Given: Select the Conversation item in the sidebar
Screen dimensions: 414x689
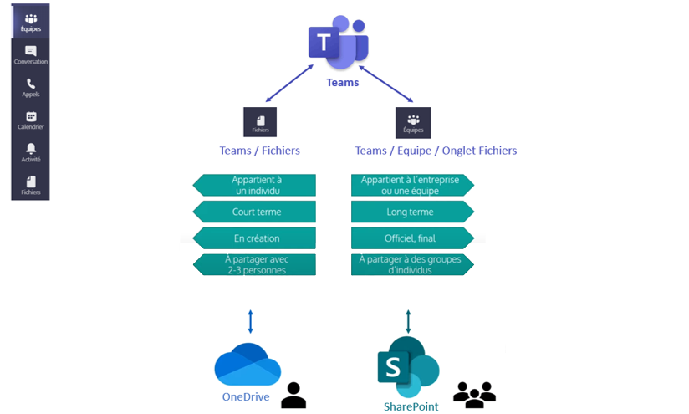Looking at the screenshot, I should click(31, 55).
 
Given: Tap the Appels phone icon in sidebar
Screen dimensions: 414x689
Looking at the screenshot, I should click(31, 88).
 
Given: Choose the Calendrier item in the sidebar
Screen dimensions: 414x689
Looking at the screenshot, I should click(31, 120).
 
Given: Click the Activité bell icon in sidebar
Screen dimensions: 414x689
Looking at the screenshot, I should click(31, 153).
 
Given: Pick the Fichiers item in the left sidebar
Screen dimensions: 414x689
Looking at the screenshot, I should click(31, 185).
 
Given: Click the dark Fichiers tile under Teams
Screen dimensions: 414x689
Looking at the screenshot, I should click(259, 122).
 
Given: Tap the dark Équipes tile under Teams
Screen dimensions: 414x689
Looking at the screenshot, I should click(413, 122).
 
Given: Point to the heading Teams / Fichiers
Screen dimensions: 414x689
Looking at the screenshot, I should click(259, 151).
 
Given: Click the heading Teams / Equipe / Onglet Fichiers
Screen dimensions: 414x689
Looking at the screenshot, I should click(436, 151).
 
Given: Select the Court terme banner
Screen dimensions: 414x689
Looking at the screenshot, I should click(255, 212).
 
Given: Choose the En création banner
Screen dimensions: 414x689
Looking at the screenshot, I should click(255, 238).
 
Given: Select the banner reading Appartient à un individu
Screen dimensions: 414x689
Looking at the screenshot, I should click(255, 185).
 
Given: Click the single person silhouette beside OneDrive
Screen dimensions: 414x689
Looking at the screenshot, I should click(293, 395).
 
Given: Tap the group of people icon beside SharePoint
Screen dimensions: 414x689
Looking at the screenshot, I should click(474, 394).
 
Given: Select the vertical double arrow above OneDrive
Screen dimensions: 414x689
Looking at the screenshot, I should click(250, 321).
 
